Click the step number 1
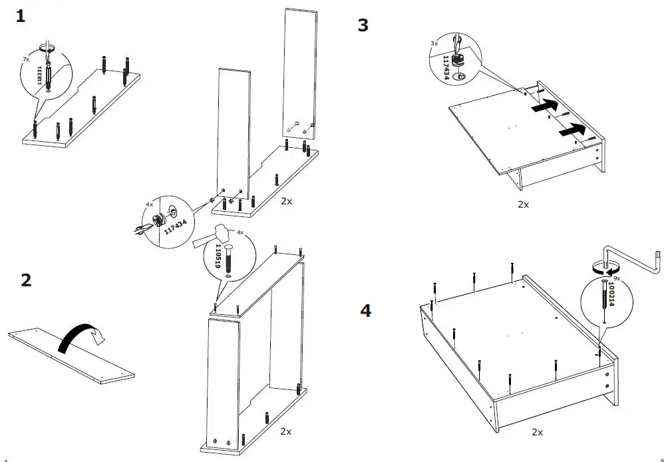coord(21,17)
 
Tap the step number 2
coord(26,280)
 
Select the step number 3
coord(363,25)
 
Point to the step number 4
coord(366,310)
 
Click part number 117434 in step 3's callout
coord(447,67)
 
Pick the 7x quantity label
coord(26,59)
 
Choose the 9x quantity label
coord(617,278)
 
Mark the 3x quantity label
coord(434,43)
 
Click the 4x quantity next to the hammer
coord(240,232)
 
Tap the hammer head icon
coord(222,232)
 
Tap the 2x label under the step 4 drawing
coord(538,432)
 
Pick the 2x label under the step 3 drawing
coord(523,204)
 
